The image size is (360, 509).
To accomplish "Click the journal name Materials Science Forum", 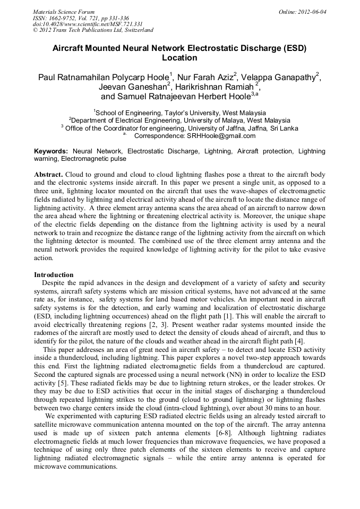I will [x=64, y=12].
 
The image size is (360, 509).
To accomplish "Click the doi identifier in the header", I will [x=88, y=24].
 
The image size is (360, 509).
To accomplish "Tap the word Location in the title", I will [x=179, y=58].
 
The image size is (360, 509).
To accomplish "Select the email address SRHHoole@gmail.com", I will [x=221, y=135].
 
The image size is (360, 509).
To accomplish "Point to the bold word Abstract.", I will [x=49, y=175].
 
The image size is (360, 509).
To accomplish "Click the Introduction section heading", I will [x=54, y=275].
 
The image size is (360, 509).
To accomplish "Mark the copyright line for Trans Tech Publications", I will [x=93, y=30].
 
